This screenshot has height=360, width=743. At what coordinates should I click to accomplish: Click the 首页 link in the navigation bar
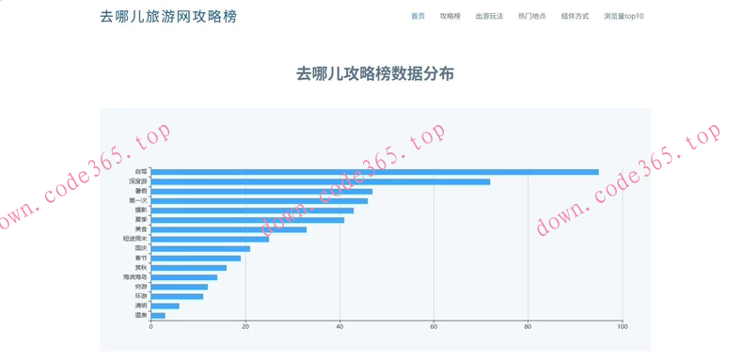point(418,16)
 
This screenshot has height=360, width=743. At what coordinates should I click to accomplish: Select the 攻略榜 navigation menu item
point(451,16)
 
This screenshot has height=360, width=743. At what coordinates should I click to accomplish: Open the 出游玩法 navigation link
point(489,16)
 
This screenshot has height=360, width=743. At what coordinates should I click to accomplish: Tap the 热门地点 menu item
point(531,16)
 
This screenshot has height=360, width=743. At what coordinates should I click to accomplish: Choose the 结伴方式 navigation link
point(575,16)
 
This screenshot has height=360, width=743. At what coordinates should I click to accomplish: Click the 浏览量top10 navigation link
point(624,16)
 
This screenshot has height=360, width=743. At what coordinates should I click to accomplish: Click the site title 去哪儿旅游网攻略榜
point(168,16)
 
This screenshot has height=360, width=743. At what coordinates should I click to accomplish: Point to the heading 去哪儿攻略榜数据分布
point(374,73)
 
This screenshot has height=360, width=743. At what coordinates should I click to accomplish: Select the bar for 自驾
point(374,172)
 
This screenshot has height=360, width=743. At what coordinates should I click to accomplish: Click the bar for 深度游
point(320,181)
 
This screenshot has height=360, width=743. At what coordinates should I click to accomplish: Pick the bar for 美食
point(229,229)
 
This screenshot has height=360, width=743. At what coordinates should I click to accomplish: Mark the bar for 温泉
point(158,316)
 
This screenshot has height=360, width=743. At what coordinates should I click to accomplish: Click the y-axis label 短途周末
point(135,239)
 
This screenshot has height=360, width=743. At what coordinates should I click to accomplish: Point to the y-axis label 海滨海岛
point(135,277)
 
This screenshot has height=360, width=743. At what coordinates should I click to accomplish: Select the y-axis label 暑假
point(141,191)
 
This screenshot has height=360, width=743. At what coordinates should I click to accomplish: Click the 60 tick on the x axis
point(434,327)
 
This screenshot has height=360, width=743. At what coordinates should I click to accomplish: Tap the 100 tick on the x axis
point(622,327)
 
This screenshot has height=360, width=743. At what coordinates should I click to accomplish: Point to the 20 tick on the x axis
point(245,327)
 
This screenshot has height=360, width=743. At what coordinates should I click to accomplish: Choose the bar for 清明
point(165,305)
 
